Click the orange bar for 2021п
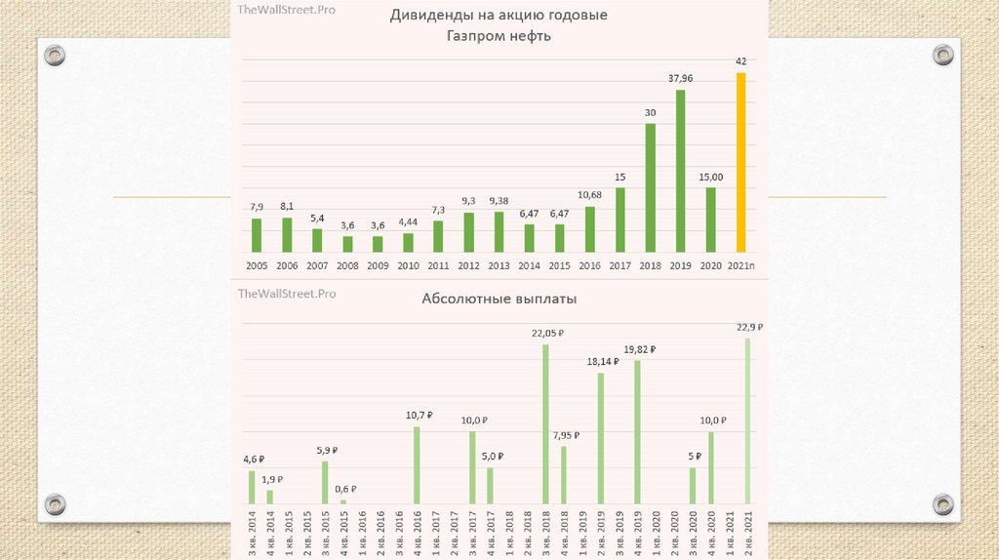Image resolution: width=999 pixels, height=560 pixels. pyautogui.click(x=741, y=163)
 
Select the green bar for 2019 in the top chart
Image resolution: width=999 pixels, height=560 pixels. pyautogui.click(x=680, y=172)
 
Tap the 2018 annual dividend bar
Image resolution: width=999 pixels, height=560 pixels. pyautogui.click(x=650, y=188)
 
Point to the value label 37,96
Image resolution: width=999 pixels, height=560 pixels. pyautogui.click(x=680, y=79)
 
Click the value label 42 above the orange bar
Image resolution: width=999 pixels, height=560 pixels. pyautogui.click(x=741, y=61)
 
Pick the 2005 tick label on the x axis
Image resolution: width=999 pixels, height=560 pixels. pyautogui.click(x=257, y=265)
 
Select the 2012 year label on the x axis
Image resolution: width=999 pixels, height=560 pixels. pyautogui.click(x=468, y=265)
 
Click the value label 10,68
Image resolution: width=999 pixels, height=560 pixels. pyautogui.click(x=589, y=195)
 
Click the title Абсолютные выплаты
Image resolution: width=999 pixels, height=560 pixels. pyautogui.click(x=499, y=300)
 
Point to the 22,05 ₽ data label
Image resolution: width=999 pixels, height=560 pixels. pyautogui.click(x=547, y=333)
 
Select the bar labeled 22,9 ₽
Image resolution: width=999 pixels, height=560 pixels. pyautogui.click(x=748, y=420)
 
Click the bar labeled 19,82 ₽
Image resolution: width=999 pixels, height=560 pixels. pyautogui.click(x=637, y=432)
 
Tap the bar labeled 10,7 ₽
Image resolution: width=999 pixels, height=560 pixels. pyautogui.click(x=418, y=465)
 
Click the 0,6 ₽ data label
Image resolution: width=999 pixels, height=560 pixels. pyautogui.click(x=345, y=489)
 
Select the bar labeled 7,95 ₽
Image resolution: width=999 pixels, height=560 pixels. pyautogui.click(x=564, y=475)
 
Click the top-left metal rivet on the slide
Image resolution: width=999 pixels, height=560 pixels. pyautogui.click(x=55, y=56)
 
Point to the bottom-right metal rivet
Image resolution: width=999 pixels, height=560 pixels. pyautogui.click(x=942, y=504)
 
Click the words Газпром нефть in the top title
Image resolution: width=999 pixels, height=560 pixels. pyautogui.click(x=499, y=36)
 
